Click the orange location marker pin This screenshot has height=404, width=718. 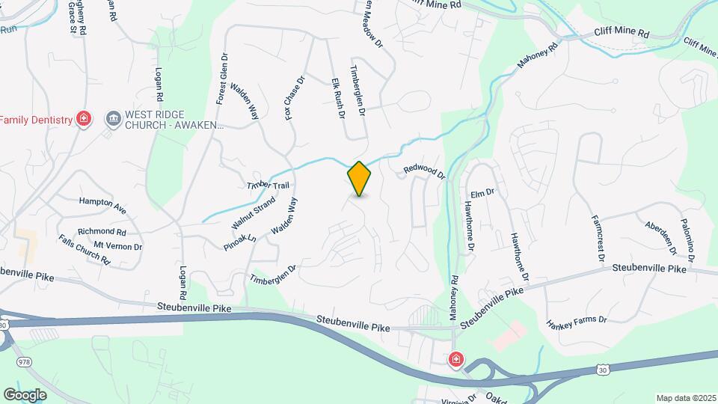(360, 178)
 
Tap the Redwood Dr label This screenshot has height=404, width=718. (424, 171)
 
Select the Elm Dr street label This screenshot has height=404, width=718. (483, 192)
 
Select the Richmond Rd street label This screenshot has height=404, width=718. (101, 232)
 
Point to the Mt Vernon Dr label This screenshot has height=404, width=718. (117, 246)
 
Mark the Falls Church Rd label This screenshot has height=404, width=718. (85, 250)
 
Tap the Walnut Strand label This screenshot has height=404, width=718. (254, 213)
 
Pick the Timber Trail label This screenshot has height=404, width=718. (268, 186)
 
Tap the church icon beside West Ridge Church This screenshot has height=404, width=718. (114, 118)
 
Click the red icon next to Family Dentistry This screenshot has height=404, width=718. (85, 119)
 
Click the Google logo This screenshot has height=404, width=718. (25, 394)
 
